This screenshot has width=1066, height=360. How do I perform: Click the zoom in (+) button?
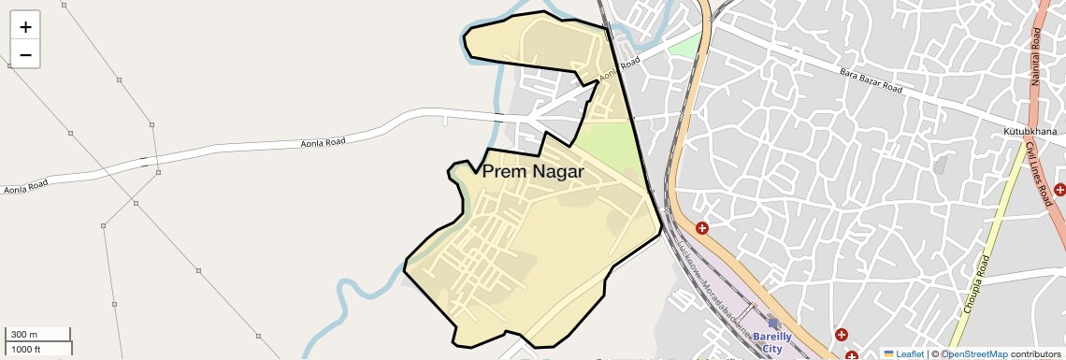pyautogui.click(x=25, y=27)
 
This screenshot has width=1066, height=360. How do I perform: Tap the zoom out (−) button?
pyautogui.click(x=25, y=54)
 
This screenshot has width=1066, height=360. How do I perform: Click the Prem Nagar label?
pyautogui.click(x=532, y=172)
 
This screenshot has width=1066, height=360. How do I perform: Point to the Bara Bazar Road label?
pyautogui.click(x=871, y=81)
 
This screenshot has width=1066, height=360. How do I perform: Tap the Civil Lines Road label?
pyautogui.click(x=1038, y=174)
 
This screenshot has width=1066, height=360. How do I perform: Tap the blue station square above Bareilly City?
pyautogui.click(x=773, y=323)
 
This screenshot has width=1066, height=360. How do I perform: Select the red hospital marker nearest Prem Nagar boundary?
pyautogui.click(x=701, y=228)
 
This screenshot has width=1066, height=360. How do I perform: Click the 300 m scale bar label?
pyautogui.click(x=24, y=335)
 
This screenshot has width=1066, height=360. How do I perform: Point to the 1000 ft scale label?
pyautogui.click(x=25, y=349)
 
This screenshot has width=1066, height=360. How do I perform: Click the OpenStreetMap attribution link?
pyautogui.click(x=973, y=354)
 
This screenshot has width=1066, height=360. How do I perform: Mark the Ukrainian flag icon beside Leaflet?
pyautogui.click(x=888, y=354)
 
